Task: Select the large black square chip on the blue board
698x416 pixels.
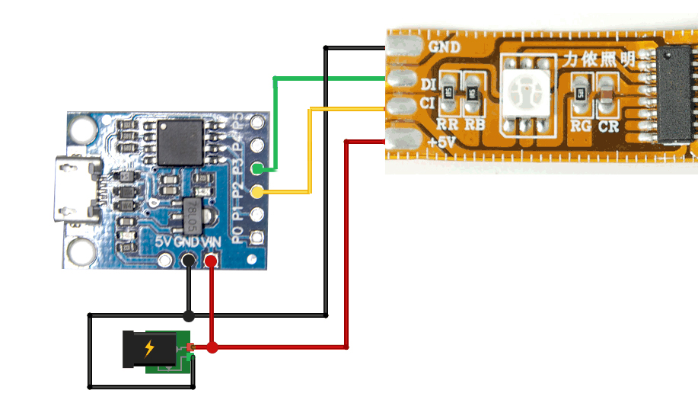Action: (x=179, y=142)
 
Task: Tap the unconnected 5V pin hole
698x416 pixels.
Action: (x=164, y=261)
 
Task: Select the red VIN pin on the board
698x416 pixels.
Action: (x=211, y=261)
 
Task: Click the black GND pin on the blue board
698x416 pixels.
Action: (x=187, y=261)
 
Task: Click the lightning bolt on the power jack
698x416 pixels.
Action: (x=149, y=348)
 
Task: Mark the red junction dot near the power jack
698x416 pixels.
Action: (x=212, y=348)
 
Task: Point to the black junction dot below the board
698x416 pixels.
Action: (x=188, y=315)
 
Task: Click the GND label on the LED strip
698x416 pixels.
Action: (x=444, y=46)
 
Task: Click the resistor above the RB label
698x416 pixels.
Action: (x=473, y=93)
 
